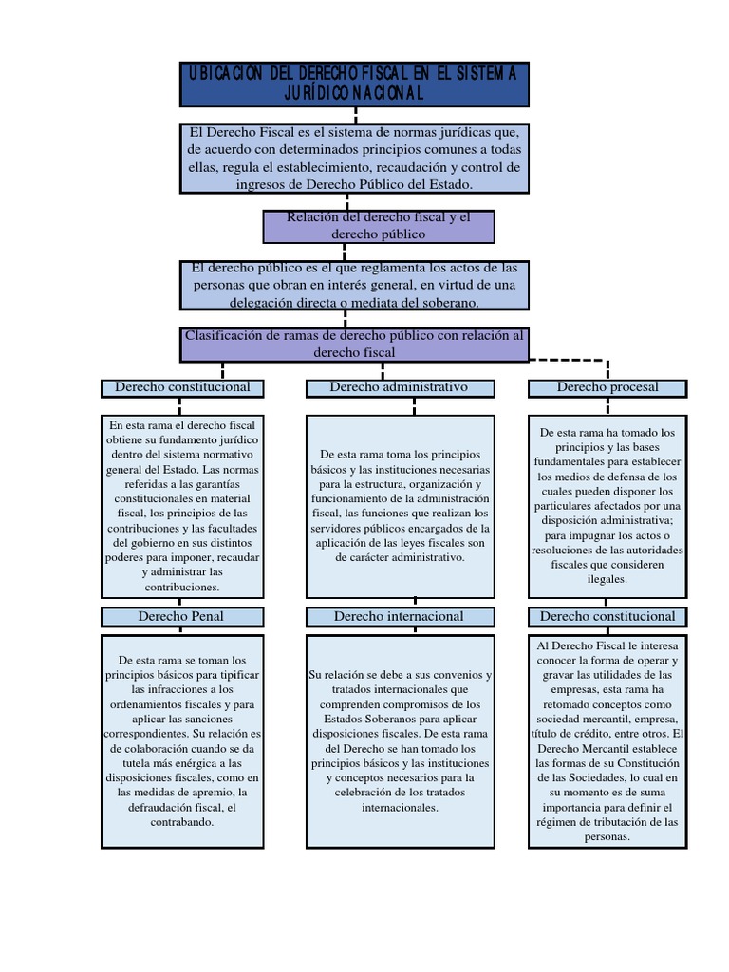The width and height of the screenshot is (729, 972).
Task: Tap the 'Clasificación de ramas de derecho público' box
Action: (354, 344)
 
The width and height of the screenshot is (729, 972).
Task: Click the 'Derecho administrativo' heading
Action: (399, 387)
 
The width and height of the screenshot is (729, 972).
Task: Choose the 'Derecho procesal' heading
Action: (607, 387)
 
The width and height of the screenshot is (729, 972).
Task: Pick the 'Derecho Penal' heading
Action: (181, 616)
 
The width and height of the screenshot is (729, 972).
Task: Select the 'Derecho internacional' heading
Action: (399, 616)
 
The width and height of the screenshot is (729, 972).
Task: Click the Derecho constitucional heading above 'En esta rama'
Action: (182, 387)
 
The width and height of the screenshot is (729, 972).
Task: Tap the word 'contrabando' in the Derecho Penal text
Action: (181, 822)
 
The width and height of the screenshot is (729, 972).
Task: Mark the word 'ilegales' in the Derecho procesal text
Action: (607, 577)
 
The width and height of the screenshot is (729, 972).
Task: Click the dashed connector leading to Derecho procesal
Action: (570, 361)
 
